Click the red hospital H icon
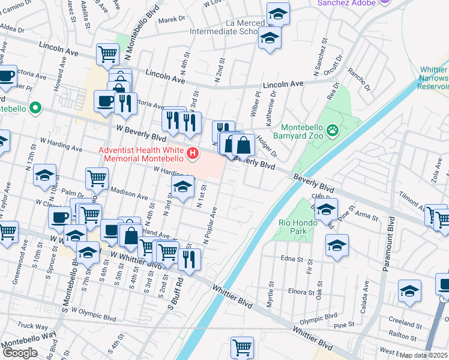click(193, 154)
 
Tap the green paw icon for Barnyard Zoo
click(332, 129)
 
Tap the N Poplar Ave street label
click(210, 226)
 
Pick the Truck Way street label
click(28, 326)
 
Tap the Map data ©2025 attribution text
click(424, 355)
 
